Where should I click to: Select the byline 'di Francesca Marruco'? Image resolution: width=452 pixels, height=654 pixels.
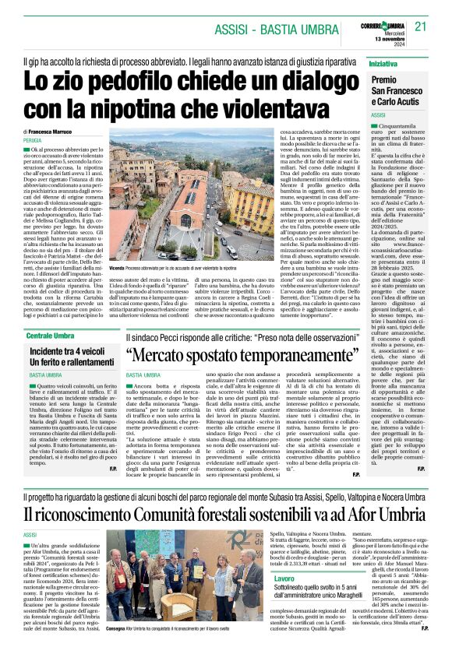tap(55, 133)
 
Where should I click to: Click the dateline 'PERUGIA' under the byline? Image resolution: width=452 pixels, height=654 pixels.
tap(36, 141)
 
